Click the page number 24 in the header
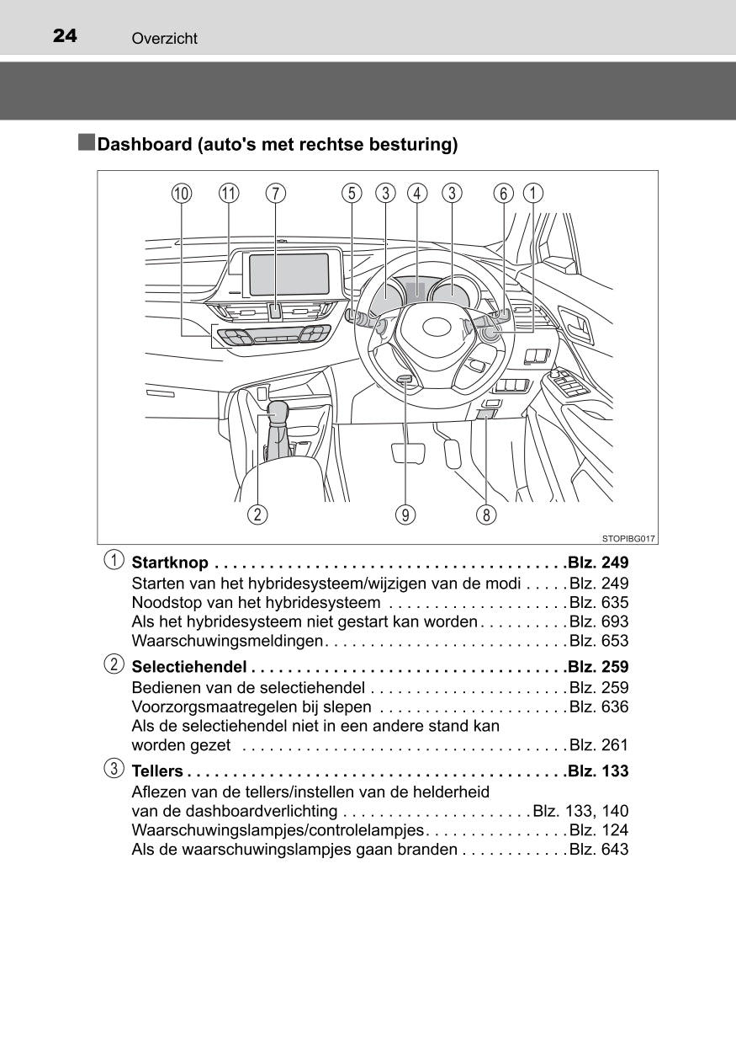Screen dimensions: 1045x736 65,35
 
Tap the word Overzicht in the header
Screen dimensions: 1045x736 164,39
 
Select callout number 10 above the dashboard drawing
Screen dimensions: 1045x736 181,194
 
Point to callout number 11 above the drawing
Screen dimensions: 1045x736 229,194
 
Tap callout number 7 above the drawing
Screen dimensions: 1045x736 275,194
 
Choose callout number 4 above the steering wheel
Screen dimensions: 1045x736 416,194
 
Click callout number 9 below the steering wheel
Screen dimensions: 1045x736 406,514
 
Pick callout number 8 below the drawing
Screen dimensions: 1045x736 485,514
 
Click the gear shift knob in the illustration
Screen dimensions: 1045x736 278,412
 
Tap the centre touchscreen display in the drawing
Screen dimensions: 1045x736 289,275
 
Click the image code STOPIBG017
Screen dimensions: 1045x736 628,538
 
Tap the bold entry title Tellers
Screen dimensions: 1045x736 157,771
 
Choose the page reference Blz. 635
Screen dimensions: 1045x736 598,603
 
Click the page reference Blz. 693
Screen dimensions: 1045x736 598,622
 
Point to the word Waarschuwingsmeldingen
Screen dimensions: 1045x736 227,642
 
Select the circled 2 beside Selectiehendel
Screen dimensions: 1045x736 112,665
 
